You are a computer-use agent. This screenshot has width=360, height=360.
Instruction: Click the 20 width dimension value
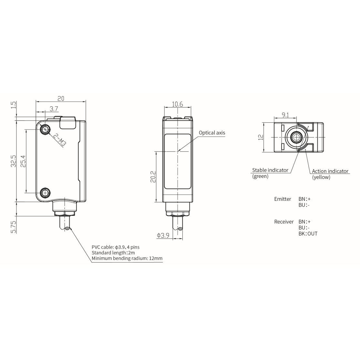(61, 98)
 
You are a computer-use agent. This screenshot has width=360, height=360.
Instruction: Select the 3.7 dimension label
(54, 108)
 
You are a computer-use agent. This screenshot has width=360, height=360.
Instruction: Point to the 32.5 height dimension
(14, 161)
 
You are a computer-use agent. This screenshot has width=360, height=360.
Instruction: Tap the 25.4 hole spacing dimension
(24, 161)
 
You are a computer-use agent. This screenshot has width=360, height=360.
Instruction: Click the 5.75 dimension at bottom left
(14, 227)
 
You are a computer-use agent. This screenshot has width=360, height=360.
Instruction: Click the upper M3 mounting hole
(45, 130)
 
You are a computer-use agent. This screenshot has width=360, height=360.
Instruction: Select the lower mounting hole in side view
(45, 193)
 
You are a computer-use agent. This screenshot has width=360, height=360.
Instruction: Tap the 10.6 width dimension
(178, 104)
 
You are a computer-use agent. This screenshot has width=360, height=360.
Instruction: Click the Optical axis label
(212, 133)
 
